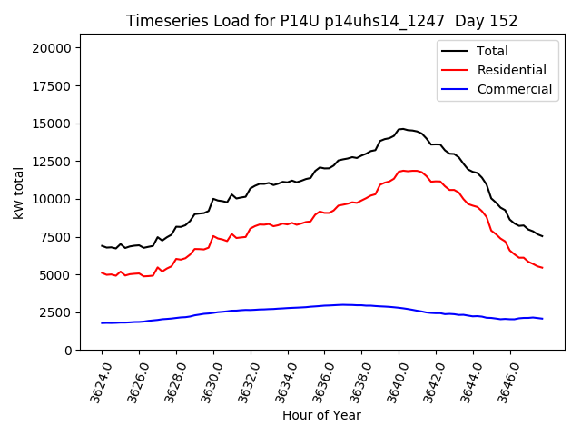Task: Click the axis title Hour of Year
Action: tap(321, 415)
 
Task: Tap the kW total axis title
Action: tap(19, 198)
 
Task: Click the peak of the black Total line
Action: tap(402, 129)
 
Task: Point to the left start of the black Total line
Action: tap(102, 245)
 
